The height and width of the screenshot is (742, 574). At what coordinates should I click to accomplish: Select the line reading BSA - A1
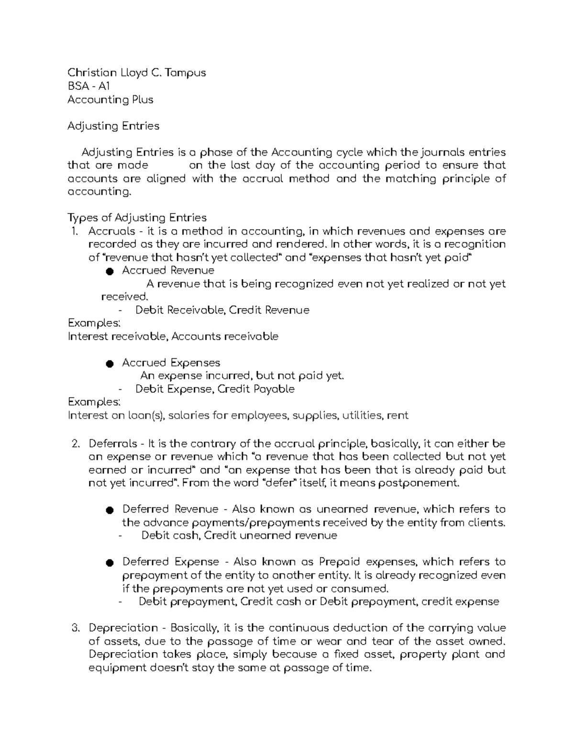coord(88,86)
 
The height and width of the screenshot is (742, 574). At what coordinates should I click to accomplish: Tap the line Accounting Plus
coord(110,99)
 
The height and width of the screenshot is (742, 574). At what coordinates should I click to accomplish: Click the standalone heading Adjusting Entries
coord(113,126)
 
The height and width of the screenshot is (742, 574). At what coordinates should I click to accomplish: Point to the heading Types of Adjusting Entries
coord(137,218)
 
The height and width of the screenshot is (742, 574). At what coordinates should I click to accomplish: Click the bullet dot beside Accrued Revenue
coord(109,271)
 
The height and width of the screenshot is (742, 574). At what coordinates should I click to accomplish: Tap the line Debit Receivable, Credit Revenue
coord(222,310)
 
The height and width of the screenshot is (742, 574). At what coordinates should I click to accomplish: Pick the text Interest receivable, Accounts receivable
coord(173,336)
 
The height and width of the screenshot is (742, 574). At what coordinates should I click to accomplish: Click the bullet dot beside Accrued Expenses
coord(109,364)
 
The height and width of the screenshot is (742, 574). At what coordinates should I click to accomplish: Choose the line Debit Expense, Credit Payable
coord(215,389)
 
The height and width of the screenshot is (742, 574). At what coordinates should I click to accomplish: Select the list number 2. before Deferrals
coord(75,443)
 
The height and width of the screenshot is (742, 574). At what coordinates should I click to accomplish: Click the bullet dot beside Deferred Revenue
coord(109,510)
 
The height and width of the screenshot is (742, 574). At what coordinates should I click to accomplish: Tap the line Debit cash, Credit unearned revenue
coord(239,535)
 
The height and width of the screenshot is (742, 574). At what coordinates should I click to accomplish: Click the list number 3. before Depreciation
coord(75,628)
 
